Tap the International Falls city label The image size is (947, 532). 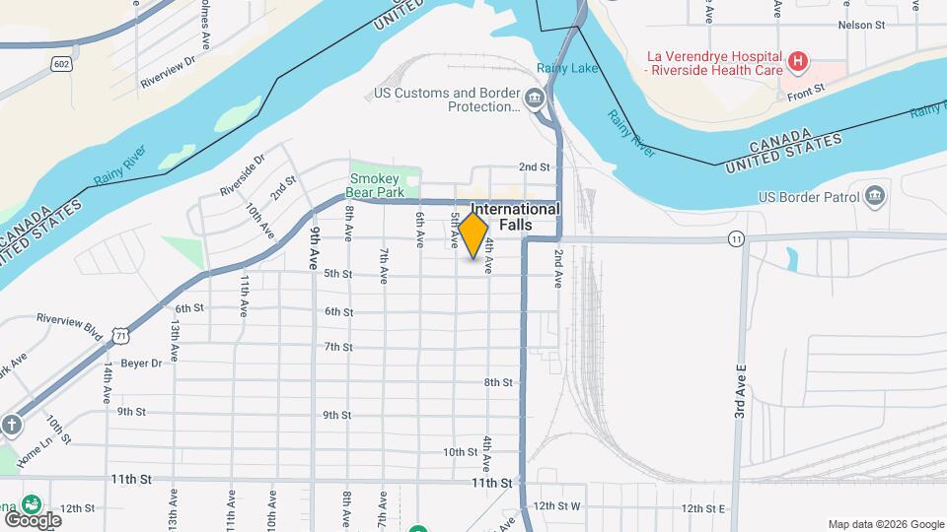[515, 217]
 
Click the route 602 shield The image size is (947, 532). [61, 64]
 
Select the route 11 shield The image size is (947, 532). [736, 239]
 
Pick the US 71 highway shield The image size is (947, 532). [119, 336]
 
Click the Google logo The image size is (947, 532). [33, 519]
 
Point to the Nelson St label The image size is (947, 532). [857, 26]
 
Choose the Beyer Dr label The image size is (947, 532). [141, 363]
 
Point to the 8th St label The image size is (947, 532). [498, 382]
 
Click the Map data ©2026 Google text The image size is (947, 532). [885, 524]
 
